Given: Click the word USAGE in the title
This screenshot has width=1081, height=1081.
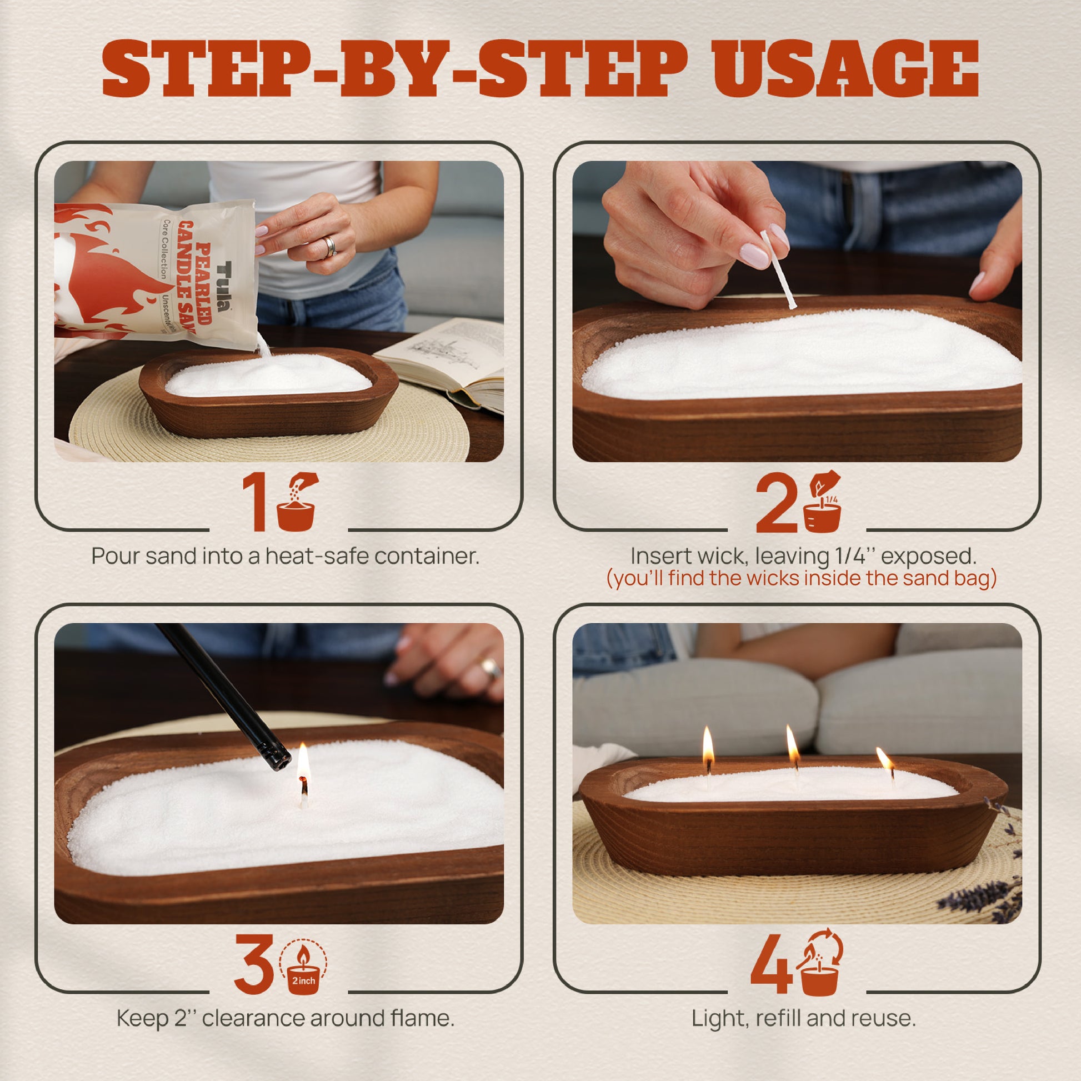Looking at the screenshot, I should (x=845, y=69).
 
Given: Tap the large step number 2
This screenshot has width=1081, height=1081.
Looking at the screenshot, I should (x=777, y=502).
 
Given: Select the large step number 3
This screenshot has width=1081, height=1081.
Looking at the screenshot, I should (x=253, y=964).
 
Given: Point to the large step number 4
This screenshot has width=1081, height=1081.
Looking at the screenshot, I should (x=771, y=963).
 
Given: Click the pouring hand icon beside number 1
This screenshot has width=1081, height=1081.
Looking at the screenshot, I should (x=297, y=501).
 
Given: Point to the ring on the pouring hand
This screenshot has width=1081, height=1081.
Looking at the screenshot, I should (x=329, y=246).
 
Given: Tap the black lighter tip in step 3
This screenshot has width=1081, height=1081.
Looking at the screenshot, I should (x=278, y=760).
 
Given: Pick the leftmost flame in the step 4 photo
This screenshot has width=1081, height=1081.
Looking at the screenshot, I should (x=708, y=743).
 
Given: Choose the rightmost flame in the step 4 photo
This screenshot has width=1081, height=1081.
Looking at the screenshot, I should (x=884, y=759).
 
